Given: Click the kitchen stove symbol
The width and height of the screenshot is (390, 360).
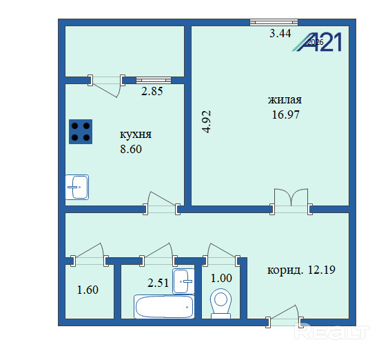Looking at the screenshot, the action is pos(81,132).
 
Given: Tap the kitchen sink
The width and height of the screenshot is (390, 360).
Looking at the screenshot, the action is pos(77,187).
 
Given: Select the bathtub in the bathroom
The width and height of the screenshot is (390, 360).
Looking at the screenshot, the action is pos(164,307).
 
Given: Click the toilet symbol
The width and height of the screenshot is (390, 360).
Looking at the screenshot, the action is pos(221,303).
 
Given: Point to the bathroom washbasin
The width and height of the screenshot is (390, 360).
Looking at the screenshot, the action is pos(183,281).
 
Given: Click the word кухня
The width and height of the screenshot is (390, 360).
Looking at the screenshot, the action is pos(136,134).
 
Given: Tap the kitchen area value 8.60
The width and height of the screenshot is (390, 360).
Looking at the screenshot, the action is pos(131,149).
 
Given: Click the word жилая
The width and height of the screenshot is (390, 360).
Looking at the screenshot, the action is pos(285,100).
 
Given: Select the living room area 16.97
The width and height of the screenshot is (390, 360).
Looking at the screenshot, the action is pos(285,114).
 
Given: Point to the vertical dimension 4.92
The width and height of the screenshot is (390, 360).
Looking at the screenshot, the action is pos(207,122).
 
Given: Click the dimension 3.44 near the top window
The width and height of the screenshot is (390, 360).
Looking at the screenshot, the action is pos(280,33).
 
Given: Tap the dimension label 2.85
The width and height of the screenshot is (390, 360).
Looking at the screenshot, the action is pos(152,91).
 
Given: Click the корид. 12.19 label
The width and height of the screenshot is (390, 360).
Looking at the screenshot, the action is pos(301,270).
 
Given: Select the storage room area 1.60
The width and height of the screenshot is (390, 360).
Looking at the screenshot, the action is pos(88,290).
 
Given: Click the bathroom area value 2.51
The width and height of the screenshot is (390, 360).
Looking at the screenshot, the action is pos(158,283).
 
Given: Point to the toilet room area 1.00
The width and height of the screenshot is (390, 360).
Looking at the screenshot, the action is pos(221,278).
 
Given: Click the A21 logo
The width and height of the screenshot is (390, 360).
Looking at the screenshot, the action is pos(317,42).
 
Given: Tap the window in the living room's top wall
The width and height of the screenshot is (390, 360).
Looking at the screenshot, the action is pos(274,22).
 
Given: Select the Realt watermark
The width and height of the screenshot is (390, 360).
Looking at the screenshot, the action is pos(332,331).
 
